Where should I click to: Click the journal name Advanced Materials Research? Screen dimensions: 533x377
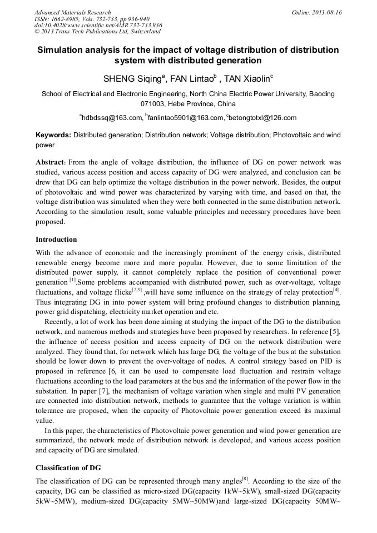(73, 12)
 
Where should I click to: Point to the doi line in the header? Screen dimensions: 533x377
(98, 25)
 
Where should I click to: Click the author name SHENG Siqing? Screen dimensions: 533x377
(131, 78)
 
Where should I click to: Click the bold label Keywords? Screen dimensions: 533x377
(53, 135)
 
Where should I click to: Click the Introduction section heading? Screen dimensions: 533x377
(56, 240)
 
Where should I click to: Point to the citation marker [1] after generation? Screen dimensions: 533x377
(72, 281)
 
